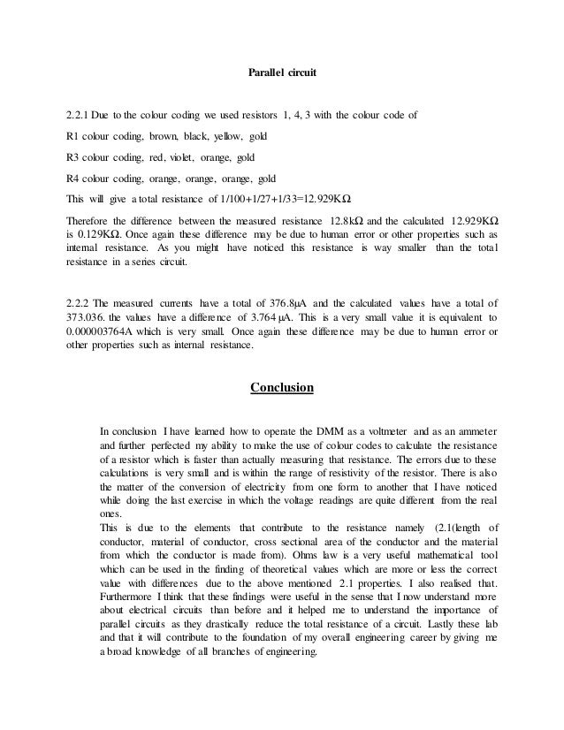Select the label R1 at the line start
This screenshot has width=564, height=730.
pos(72,137)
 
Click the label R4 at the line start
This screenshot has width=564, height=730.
pos(72,177)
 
